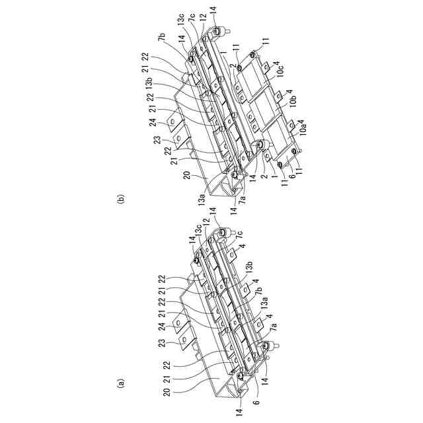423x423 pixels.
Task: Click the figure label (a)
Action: point(120,382)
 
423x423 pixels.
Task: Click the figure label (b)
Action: point(120,196)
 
